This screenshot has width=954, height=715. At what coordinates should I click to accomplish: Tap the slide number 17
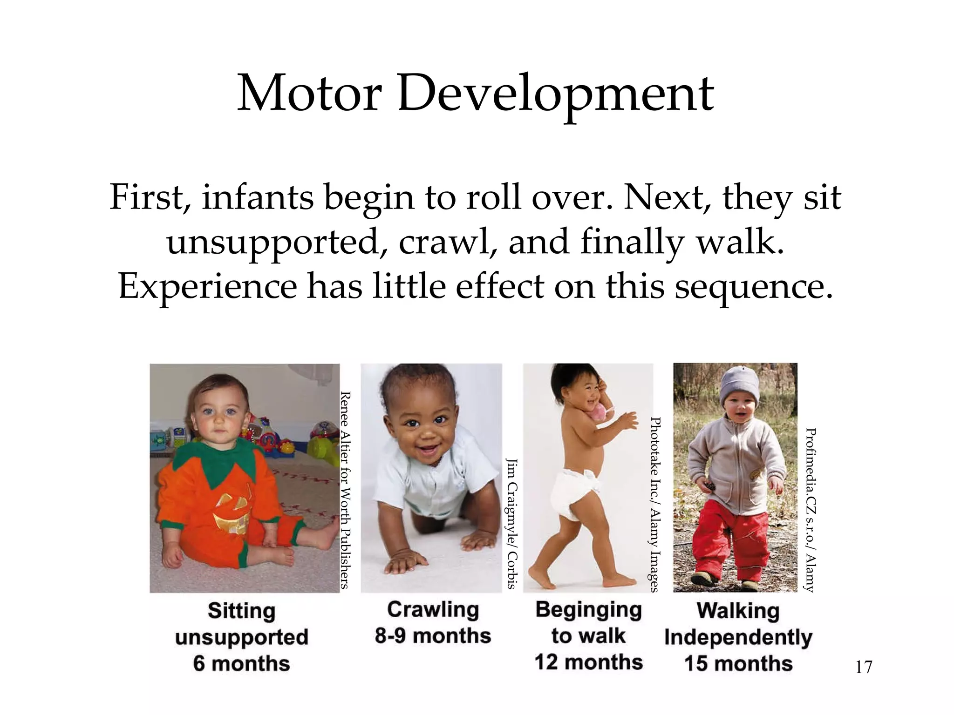coord(864,667)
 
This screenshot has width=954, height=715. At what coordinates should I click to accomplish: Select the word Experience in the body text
coord(207,286)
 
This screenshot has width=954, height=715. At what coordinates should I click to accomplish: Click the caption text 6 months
coord(242,663)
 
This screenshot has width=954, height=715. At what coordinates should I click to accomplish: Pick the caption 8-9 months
coord(433,636)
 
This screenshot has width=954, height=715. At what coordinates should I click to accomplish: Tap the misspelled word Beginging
coord(588,610)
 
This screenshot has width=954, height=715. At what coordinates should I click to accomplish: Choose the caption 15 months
coord(738,663)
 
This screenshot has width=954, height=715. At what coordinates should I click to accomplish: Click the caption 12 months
coord(588,662)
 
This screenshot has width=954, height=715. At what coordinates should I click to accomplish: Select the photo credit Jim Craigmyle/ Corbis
coord(511,524)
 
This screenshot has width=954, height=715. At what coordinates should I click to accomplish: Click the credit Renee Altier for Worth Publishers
coord(345,490)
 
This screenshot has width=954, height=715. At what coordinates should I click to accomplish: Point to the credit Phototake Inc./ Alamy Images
coord(654,505)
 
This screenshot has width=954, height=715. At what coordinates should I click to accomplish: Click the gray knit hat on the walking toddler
coord(739,384)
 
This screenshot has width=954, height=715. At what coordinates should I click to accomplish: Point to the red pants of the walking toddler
coord(731,540)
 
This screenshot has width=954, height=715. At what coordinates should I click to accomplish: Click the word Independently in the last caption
coord(738,637)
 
